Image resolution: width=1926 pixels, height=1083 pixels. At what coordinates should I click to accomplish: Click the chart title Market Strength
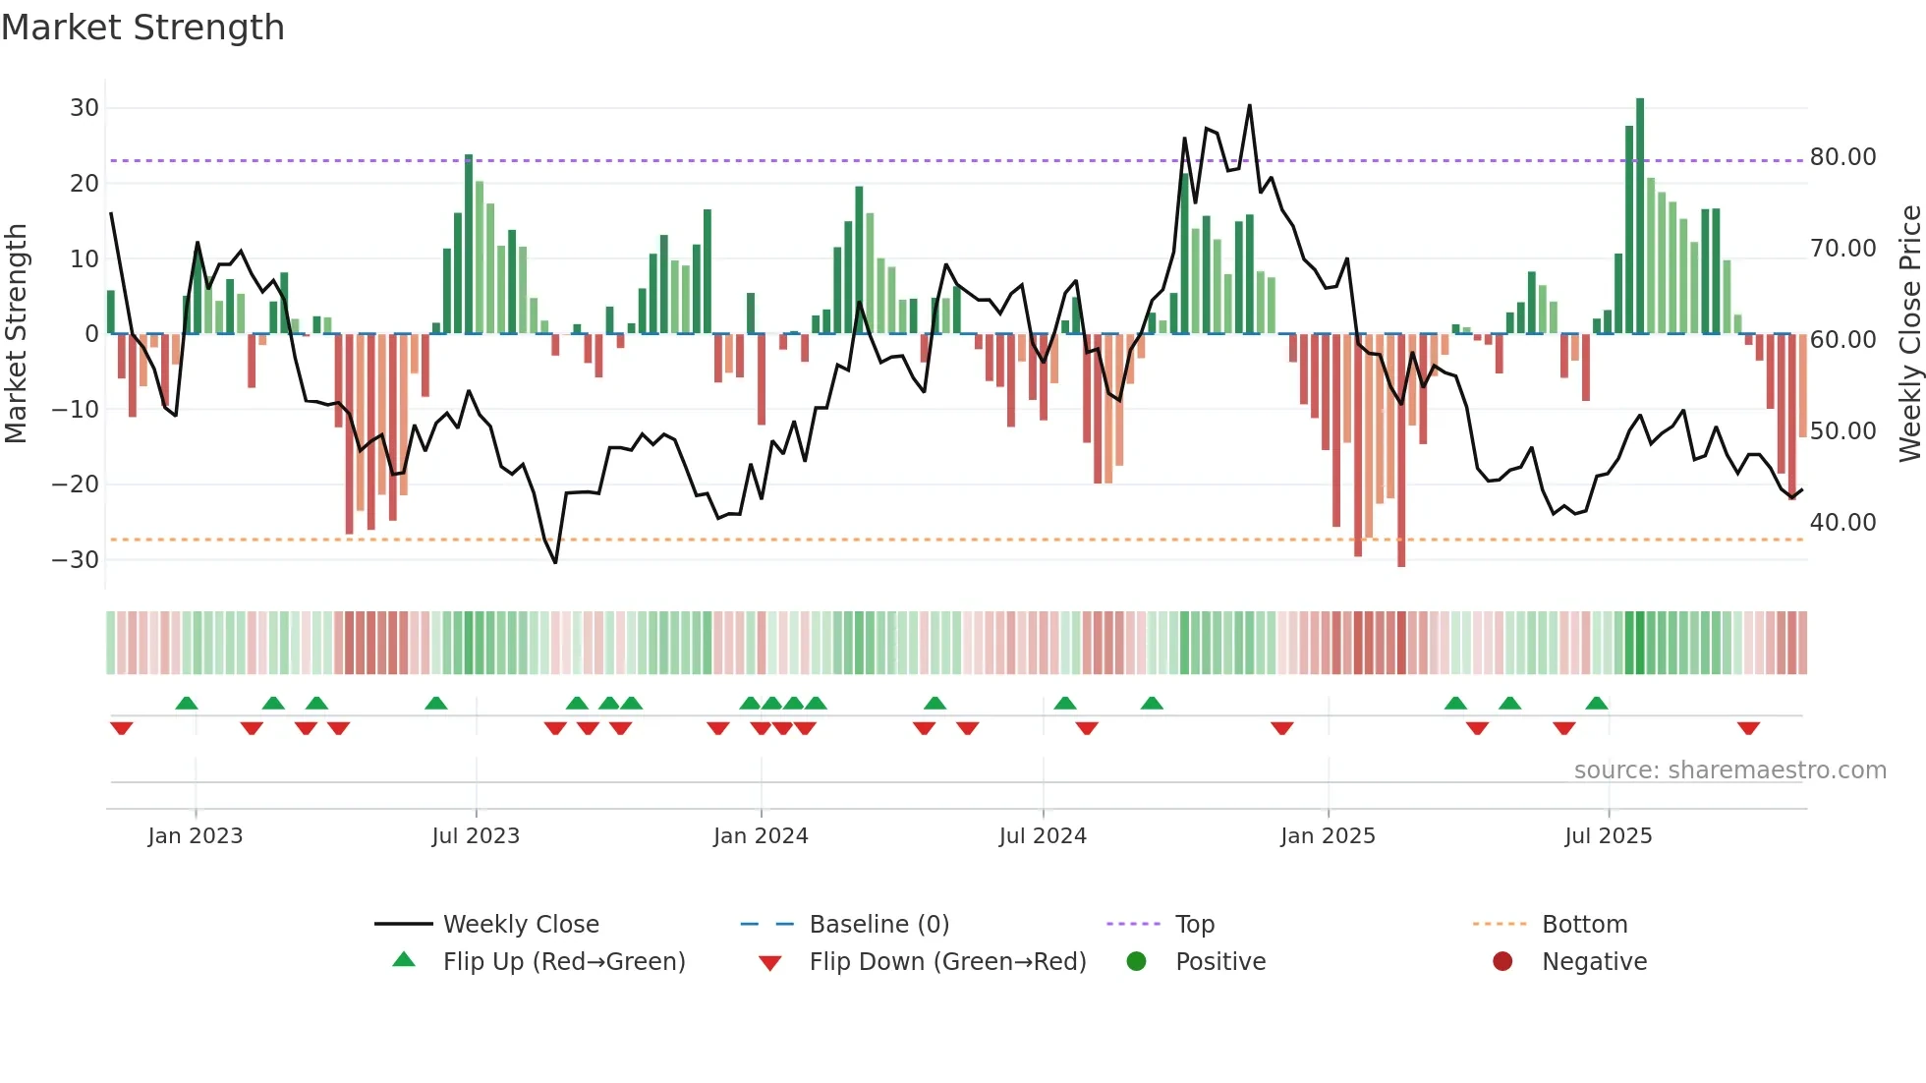[142, 28]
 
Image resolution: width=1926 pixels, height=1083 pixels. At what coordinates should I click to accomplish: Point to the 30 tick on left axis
[85, 108]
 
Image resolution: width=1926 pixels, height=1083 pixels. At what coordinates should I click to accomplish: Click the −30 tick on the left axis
[76, 560]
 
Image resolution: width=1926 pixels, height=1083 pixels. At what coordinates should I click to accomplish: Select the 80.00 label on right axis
[1842, 157]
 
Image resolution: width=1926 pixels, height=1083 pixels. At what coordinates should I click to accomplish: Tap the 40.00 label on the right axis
[1842, 523]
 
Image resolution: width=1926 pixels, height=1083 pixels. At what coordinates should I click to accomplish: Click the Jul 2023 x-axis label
[476, 836]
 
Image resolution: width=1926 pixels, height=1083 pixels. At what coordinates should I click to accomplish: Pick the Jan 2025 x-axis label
[1328, 836]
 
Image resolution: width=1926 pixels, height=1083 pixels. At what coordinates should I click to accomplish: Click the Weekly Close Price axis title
[1909, 334]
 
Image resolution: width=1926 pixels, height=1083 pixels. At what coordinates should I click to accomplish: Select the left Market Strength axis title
[16, 334]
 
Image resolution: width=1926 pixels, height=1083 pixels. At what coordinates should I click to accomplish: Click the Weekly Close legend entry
[520, 925]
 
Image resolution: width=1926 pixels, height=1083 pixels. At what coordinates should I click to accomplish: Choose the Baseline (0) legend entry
[878, 925]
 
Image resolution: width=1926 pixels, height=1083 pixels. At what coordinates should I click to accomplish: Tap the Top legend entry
[1194, 925]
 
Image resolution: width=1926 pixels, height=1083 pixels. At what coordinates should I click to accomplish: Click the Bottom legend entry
[1584, 925]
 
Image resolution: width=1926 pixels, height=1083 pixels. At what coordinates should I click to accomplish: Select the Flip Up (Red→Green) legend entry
[563, 962]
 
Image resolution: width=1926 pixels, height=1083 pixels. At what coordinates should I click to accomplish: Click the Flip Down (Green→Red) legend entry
[946, 962]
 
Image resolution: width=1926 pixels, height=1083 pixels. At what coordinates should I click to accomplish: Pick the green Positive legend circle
[1136, 962]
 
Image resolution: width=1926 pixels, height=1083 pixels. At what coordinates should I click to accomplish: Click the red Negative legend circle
[1502, 962]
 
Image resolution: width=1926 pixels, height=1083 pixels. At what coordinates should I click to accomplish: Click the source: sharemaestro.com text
[1729, 770]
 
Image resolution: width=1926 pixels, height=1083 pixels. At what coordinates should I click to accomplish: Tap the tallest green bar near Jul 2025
[1640, 216]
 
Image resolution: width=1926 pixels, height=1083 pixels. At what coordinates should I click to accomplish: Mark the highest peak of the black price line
[1250, 105]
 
